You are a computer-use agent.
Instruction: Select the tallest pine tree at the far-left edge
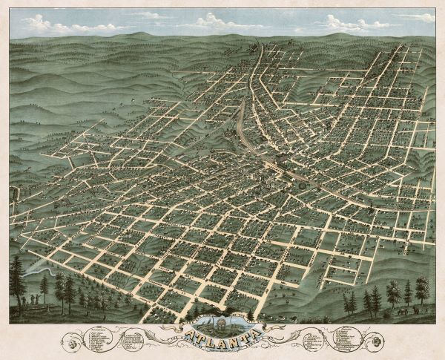(x=17, y=278)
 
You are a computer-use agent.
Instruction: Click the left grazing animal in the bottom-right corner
(x=401, y=311)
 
